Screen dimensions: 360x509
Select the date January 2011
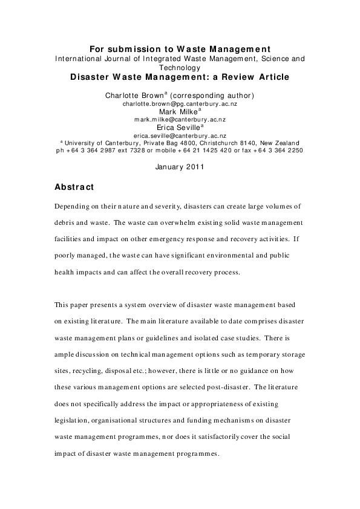[x=180, y=166]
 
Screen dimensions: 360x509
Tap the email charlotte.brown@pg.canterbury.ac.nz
[x=180, y=103]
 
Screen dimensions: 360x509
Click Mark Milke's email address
[x=180, y=119]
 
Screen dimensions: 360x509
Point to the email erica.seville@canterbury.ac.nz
[x=180, y=135]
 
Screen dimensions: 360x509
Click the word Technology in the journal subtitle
[x=180, y=68]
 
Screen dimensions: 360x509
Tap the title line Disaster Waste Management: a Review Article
[x=180, y=77]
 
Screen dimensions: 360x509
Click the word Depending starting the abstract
[x=73, y=206]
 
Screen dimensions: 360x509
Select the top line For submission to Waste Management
[x=180, y=49]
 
